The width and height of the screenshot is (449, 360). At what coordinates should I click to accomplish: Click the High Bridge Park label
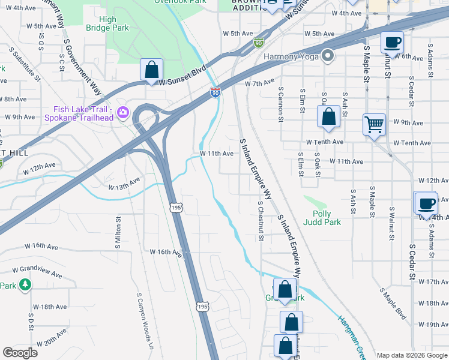click(108, 24)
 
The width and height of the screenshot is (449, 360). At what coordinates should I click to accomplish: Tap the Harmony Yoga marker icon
click(328, 56)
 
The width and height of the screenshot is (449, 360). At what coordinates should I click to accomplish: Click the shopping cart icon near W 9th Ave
click(374, 125)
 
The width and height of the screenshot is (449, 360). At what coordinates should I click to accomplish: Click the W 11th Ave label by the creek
click(216, 154)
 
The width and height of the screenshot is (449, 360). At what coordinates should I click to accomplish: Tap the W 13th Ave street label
click(124, 183)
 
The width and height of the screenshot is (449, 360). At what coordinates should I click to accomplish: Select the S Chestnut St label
click(261, 221)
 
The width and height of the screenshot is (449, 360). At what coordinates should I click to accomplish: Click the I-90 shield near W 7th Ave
click(215, 92)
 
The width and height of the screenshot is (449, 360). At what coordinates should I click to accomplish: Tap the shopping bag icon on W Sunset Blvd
click(151, 69)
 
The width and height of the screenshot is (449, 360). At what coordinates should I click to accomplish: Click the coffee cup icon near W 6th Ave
click(392, 43)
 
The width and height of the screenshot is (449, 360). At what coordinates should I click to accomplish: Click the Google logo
click(20, 352)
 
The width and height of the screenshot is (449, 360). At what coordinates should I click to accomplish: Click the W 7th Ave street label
click(259, 82)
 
